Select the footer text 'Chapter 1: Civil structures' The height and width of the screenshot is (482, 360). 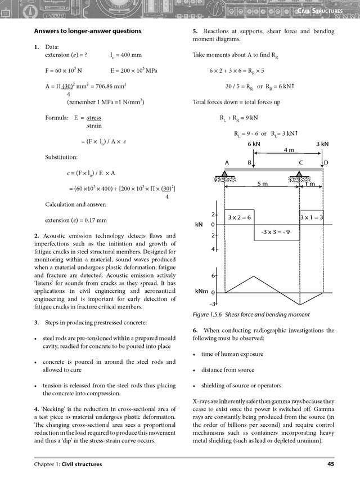coord(68,464)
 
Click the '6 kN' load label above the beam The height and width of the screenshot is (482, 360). coord(254,144)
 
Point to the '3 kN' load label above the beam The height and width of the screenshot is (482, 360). coord(322,144)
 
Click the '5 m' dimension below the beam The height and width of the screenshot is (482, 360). coord(262,184)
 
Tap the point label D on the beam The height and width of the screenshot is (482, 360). coord(326,162)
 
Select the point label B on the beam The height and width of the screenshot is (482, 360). coord(249,162)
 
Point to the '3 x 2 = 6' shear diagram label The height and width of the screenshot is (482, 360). coord(240,217)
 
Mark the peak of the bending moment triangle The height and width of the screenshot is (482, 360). coord(254,276)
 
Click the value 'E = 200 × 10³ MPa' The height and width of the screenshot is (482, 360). coord(138,72)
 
